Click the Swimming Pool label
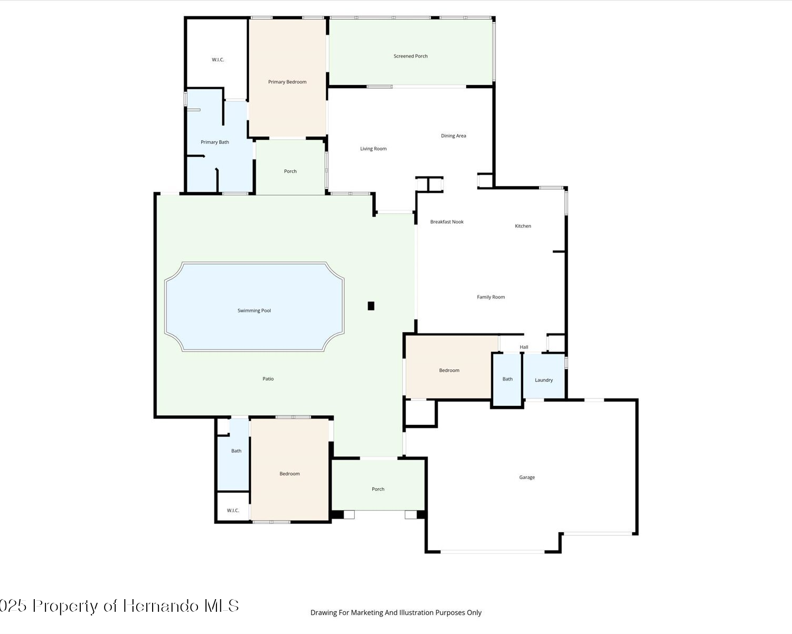[x=254, y=311]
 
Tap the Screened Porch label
[x=410, y=56]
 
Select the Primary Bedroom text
[x=287, y=82]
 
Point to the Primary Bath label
[x=214, y=142]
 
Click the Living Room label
[x=373, y=149]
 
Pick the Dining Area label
[x=454, y=136]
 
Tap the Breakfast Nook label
[x=447, y=222]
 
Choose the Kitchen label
[x=523, y=226]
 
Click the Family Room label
[x=491, y=297]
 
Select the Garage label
[x=526, y=477]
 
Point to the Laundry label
[x=544, y=380]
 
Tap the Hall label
[x=524, y=347]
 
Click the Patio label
[x=268, y=379]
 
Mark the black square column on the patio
[x=371, y=306]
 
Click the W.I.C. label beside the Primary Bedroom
[x=218, y=60]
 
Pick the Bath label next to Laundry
[x=507, y=379]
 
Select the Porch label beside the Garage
[x=378, y=489]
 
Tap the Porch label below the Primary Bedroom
[x=290, y=171]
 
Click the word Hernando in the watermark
[x=161, y=606]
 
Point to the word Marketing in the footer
[x=366, y=613]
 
